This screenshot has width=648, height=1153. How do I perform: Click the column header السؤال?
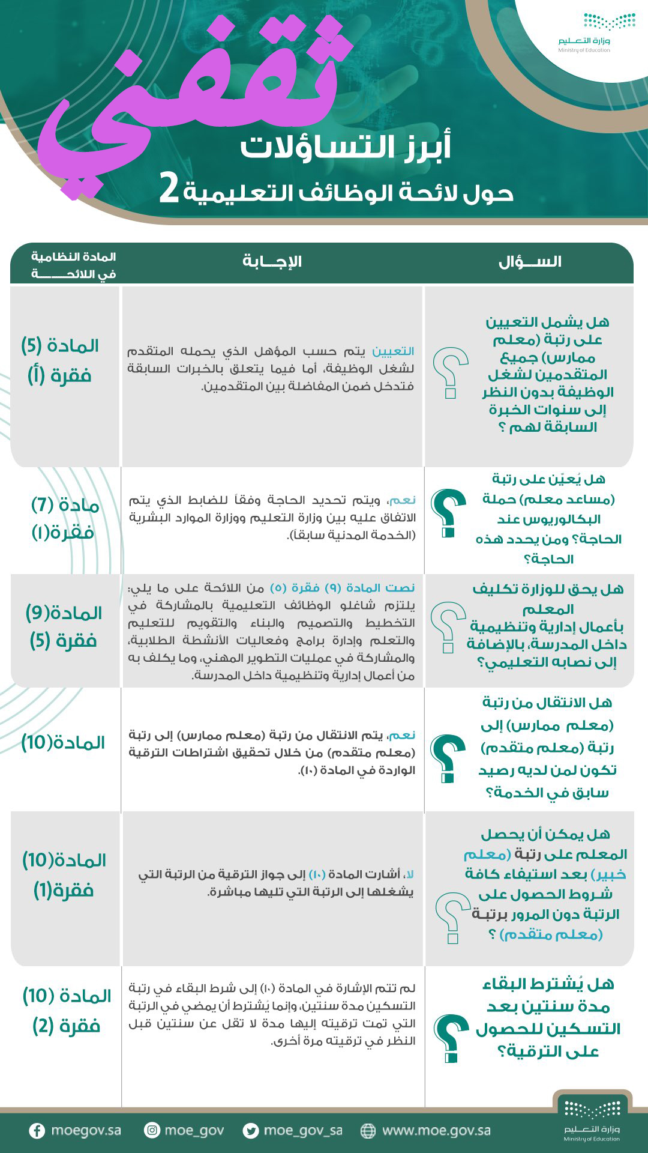530,262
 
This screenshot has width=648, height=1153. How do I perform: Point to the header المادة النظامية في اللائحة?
73,265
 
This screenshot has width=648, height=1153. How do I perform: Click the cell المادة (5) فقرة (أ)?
60,361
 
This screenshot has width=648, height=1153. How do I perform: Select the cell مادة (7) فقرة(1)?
64,518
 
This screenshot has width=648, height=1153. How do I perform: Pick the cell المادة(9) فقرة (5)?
64,626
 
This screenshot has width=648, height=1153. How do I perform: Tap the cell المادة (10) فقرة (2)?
67,1011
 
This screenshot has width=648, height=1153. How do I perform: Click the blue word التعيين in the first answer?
393,351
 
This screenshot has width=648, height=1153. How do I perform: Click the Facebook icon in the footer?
37,1131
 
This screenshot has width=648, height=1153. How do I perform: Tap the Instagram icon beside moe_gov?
152,1130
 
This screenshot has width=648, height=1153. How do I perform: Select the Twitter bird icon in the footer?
251,1131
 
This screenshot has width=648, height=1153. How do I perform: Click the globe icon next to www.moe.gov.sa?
368,1131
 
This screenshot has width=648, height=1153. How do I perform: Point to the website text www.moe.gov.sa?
436,1130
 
